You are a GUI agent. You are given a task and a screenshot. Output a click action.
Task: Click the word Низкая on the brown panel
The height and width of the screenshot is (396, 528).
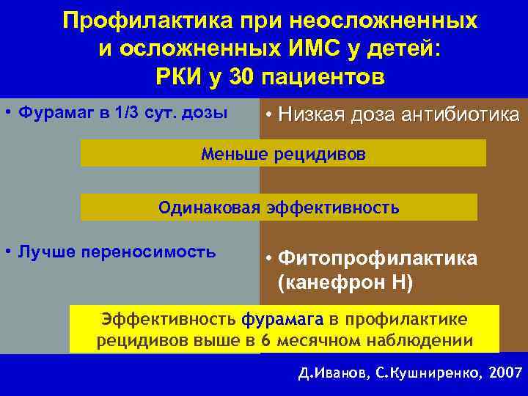pyautogui.click(x=311, y=114)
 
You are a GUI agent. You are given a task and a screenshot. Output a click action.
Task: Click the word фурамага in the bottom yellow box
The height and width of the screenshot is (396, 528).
pyautogui.click(x=282, y=320)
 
